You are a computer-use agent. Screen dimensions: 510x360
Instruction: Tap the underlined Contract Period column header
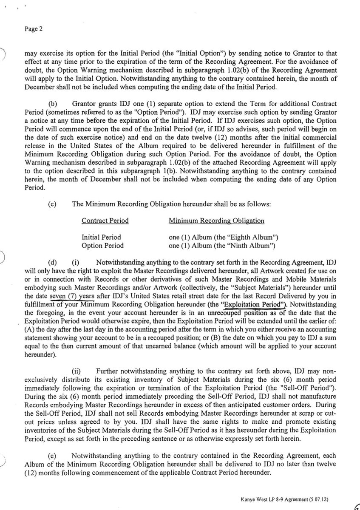pyautogui.click(x=105, y=221)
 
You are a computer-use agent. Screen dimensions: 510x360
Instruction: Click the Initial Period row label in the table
pyautogui.click(x=101, y=237)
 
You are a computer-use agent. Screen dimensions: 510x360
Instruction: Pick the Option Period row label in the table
pyautogui.click(x=102, y=245)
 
